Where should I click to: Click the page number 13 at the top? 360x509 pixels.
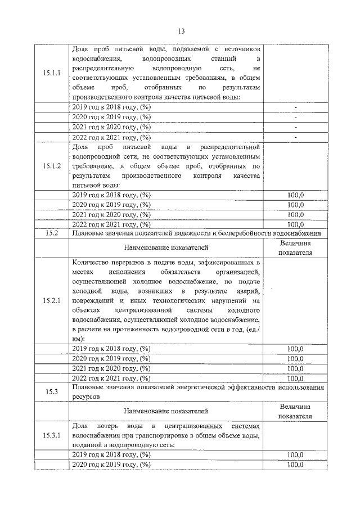click(x=181, y=31)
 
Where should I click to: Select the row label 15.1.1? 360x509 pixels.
click(x=51, y=74)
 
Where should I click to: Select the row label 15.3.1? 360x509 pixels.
click(x=51, y=435)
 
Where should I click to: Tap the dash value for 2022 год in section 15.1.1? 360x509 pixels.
click(x=295, y=137)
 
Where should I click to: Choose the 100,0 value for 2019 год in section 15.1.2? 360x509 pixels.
click(x=295, y=195)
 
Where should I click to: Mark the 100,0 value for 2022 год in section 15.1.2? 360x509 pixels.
click(x=295, y=224)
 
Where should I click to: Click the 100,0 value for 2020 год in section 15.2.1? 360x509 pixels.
click(x=295, y=358)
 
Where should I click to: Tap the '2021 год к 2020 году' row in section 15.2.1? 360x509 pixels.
click(x=112, y=368)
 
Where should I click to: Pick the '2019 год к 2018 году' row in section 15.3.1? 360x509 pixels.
click(x=112, y=455)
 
